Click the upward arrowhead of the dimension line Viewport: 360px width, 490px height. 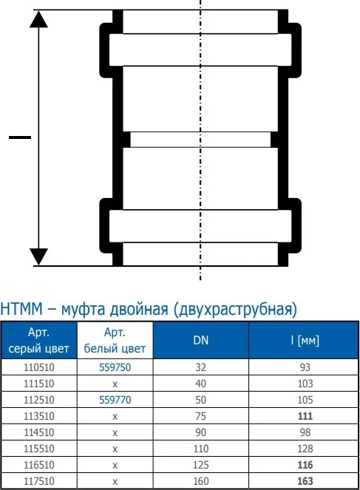pyautogui.click(x=38, y=19)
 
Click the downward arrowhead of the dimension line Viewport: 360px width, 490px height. pyautogui.click(x=38, y=257)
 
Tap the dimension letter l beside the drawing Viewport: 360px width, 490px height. pyautogui.click(x=20, y=137)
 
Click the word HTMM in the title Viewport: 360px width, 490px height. pyautogui.click(x=21, y=309)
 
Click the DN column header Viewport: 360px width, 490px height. pyautogui.click(x=200, y=340)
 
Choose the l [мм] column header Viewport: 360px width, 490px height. pyautogui.click(x=305, y=340)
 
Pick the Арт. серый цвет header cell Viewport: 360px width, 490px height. pyautogui.click(x=38, y=340)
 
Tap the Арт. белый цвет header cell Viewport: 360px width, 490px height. pyautogui.click(x=115, y=340)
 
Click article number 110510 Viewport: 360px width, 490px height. pyautogui.click(x=39, y=367)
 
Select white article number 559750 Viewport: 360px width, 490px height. pyautogui.click(x=115, y=367)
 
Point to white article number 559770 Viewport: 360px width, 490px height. pyautogui.click(x=115, y=400)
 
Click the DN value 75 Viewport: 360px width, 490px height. pyautogui.click(x=200, y=416)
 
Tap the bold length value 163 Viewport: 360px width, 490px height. pyautogui.click(x=305, y=481)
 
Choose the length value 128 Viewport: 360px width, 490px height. pyautogui.click(x=305, y=449)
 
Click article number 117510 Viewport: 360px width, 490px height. pyautogui.click(x=39, y=481)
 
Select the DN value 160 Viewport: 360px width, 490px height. pyautogui.click(x=200, y=481)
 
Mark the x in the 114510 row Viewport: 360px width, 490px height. pyautogui.click(x=115, y=433)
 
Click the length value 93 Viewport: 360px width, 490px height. pyautogui.click(x=305, y=367)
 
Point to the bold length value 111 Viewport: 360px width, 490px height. pyautogui.click(x=305, y=416)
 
